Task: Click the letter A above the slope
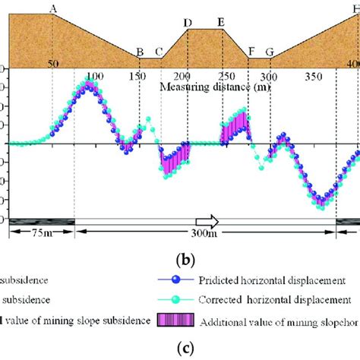tap(52, 8)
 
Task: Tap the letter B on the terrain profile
tap(139, 52)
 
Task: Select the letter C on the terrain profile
tap(159, 52)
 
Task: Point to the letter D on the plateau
tap(188, 22)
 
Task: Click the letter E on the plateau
tap(220, 22)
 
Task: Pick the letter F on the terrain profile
tap(251, 52)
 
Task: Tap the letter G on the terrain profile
tap(270, 52)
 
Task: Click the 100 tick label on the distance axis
tap(95, 77)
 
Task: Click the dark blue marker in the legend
tap(177, 279)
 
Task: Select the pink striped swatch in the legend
tap(177, 321)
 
